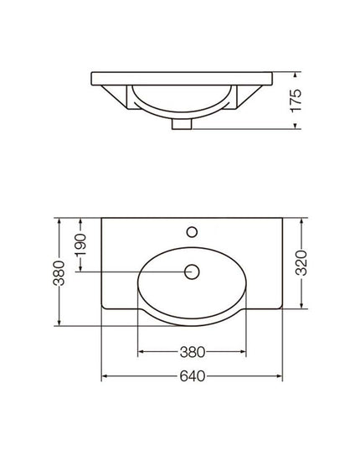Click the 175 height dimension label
coord(296,101)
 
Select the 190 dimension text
coord(80,245)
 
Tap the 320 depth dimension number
coord(301,263)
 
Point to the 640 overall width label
coord(193,376)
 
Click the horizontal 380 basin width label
coord(193,352)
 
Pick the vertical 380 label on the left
coord(59,273)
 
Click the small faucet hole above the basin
coord(192,232)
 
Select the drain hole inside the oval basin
coord(192,272)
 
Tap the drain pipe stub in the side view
coord(182,124)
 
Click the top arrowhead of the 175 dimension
coord(296,75)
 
